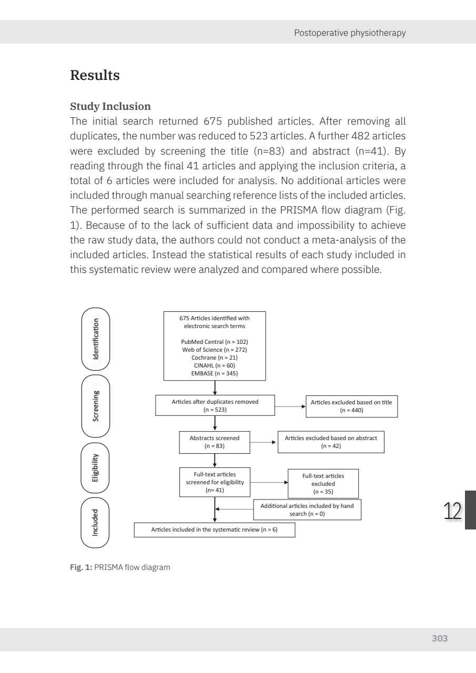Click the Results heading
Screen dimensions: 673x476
(95, 75)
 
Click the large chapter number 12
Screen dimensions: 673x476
(452, 511)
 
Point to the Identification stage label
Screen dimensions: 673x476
(96, 339)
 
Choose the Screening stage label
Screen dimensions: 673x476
(96, 406)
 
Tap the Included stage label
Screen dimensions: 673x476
(96, 522)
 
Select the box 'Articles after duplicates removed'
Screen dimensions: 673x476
(215, 406)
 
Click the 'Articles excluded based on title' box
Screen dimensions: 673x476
(351, 406)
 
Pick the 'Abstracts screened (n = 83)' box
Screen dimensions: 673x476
(215, 442)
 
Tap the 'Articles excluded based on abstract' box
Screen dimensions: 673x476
(331, 442)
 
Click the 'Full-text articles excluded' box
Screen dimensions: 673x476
(323, 484)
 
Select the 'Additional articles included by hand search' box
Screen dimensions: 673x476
(307, 509)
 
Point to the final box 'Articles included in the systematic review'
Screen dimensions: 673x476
(215, 529)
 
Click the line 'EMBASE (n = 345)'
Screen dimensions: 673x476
(215, 373)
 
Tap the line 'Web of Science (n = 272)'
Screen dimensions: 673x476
(215, 350)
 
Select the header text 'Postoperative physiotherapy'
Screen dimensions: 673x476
(350, 33)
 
